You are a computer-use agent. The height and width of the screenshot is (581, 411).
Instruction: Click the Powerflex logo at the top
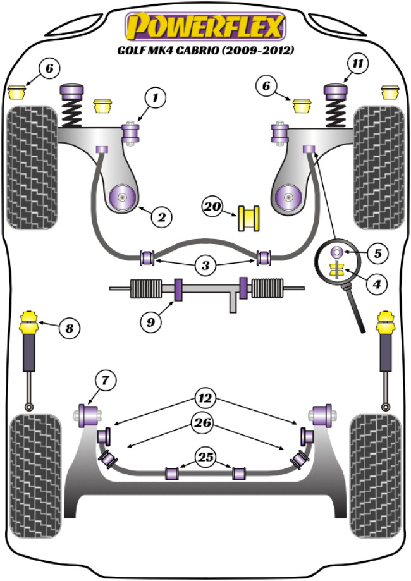[205, 27]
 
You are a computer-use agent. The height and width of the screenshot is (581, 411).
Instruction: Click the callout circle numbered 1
[154, 98]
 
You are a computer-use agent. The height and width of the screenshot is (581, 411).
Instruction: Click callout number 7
[105, 381]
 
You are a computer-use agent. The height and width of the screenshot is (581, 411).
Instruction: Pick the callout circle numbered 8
[68, 327]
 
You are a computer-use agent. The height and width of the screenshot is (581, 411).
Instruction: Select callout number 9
[150, 322]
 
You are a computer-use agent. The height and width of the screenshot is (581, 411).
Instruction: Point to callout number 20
[212, 206]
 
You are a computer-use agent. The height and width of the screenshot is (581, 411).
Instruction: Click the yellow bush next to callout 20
[248, 217]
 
